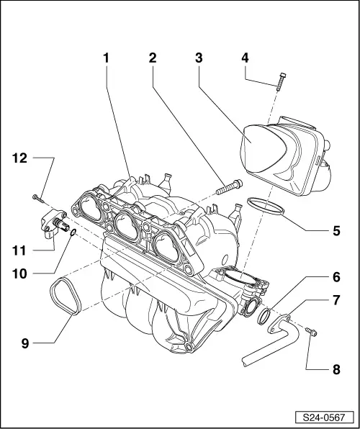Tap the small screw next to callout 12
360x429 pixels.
36,196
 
